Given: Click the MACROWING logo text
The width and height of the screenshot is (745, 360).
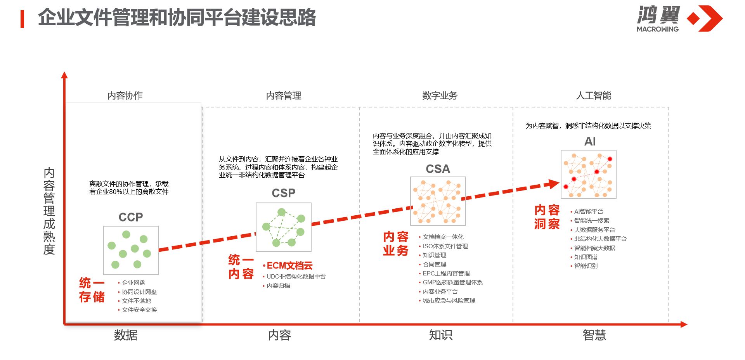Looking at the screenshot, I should point(658,29).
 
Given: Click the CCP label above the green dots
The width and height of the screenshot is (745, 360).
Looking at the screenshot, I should point(131,217).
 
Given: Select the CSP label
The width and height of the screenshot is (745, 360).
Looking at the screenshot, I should point(283,193).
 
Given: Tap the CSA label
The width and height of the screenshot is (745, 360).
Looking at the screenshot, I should point(438,169).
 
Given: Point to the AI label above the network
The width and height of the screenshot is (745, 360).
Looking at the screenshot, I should point(590,142).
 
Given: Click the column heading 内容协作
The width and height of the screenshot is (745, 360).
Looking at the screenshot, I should point(125,95).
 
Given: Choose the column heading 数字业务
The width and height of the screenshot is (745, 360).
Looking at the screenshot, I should point(440,95).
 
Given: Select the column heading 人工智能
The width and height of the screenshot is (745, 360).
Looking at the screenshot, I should point(593,95).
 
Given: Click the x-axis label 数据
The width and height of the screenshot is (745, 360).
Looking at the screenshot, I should point(126,335).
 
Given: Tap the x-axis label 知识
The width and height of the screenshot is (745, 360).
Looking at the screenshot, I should point(440,335).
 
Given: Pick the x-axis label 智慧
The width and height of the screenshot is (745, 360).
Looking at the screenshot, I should point(594,335).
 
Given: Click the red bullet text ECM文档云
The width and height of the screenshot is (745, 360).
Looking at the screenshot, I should point(289,266).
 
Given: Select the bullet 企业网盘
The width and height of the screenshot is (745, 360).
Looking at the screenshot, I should point(133,283).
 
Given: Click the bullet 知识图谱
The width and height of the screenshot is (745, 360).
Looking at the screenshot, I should point(586,257).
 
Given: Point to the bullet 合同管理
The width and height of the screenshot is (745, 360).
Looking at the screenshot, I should point(434,264).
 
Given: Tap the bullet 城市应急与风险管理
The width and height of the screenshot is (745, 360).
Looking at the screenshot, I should point(449,301).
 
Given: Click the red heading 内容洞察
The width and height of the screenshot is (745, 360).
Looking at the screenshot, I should point(547,217).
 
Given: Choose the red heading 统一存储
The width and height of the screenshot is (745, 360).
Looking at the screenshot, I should point(92,290).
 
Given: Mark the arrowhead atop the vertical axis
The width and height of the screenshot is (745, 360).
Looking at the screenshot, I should point(64,75).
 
